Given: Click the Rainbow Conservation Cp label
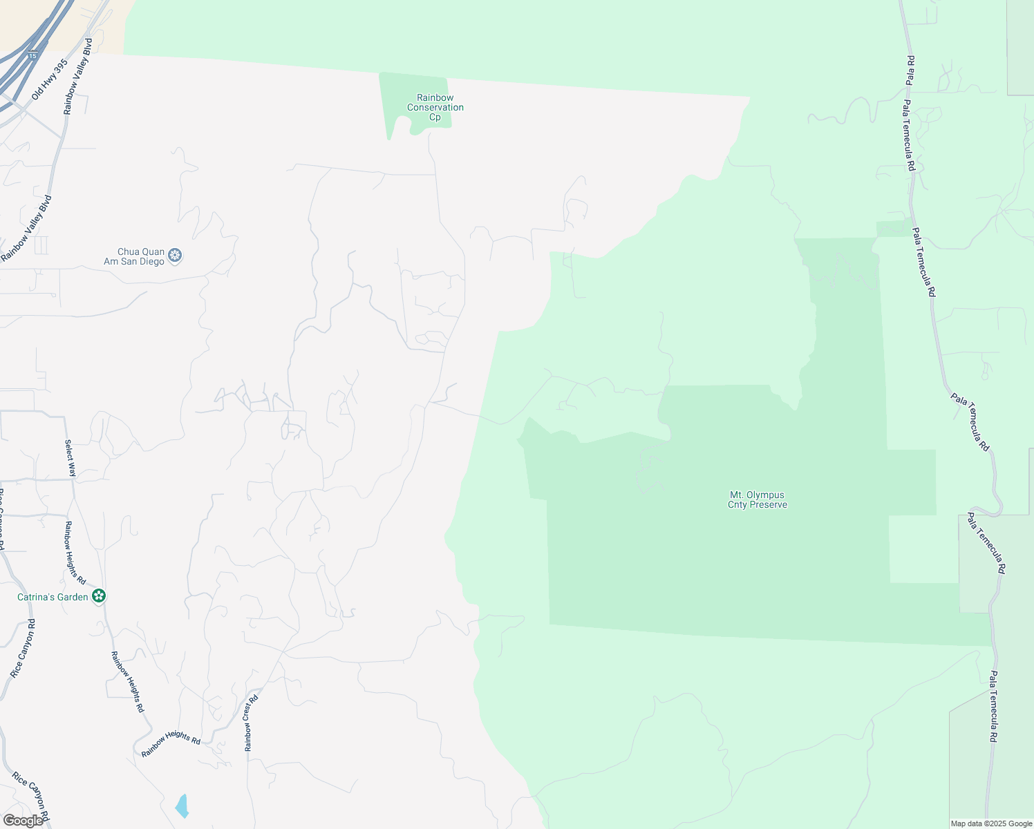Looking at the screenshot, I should coord(435,108).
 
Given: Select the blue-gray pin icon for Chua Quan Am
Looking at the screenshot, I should coord(176,256).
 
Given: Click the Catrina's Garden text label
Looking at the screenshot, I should coord(53,597).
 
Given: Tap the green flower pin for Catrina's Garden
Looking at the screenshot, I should coord(99,595).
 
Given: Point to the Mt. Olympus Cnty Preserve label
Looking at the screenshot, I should coord(758,499).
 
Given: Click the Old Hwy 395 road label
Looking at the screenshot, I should coord(50,79).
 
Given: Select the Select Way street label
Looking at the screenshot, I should coord(70,458).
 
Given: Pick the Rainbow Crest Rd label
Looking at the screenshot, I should coord(251,723).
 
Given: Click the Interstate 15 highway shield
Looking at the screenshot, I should coord(32,55).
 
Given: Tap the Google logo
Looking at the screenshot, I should coord(23,821).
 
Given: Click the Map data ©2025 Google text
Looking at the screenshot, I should coord(991,823).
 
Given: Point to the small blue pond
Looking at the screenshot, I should coord(182,806).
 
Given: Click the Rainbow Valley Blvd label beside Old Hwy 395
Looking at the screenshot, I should coord(77,77).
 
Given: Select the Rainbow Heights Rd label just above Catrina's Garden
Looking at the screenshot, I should coord(75,553).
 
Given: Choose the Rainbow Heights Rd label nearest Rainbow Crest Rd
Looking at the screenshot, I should coord(171,744).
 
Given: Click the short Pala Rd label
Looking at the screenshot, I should coord(910,70).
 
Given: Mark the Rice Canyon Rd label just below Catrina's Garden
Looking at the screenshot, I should coord(23,648).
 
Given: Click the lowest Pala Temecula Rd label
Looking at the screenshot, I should coord(993,707).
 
